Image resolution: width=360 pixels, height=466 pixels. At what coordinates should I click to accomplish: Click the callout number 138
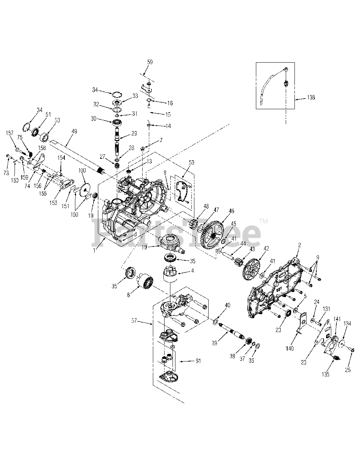click(310, 98)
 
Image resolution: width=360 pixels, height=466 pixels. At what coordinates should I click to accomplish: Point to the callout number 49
click(74, 131)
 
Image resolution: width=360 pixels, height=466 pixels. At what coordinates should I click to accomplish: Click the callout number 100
click(82, 171)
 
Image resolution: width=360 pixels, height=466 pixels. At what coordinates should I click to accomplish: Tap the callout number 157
click(9, 133)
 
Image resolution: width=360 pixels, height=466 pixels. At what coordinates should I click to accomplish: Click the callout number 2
click(299, 245)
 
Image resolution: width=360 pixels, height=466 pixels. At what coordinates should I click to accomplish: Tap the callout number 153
click(54, 202)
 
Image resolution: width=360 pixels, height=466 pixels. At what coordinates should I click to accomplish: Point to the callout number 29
click(134, 134)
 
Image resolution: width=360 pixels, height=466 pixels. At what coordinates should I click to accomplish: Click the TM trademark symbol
click(263, 221)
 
